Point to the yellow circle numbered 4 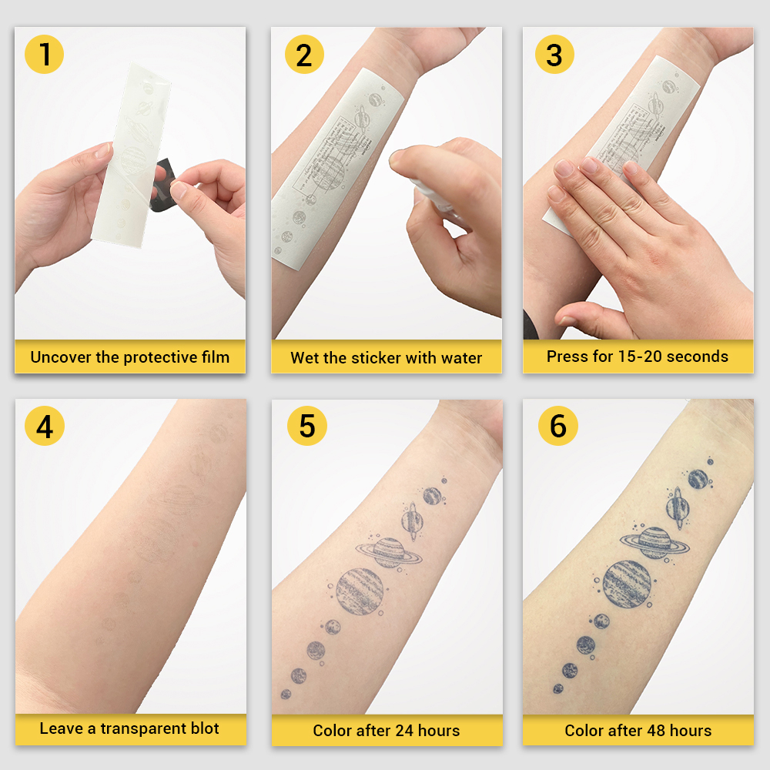(x=45, y=426)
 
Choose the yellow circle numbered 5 (x=306, y=426)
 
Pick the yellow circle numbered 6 (x=557, y=426)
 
